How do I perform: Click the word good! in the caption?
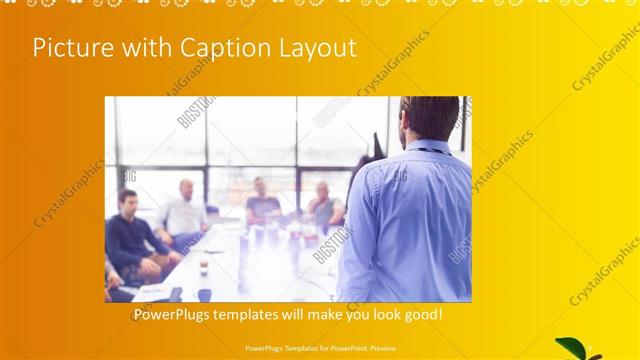point(420,315)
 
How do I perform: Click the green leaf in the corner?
point(571,346)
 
